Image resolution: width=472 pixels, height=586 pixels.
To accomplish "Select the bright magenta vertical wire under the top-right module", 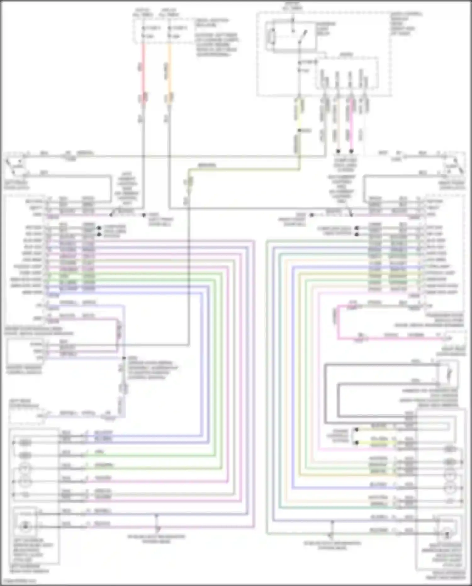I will point(351,126).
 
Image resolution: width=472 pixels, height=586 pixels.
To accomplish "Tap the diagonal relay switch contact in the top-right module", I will point(303,36).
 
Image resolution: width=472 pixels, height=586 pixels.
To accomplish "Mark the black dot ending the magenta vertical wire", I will point(351,151).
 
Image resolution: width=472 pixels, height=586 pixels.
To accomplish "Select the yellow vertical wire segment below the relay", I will point(299,110).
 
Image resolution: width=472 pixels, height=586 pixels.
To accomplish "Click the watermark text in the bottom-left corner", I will point(19,581).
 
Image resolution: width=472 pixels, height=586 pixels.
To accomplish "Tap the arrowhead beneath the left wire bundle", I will point(158,529).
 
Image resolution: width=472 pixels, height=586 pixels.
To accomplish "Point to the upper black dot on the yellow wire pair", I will point(357,430).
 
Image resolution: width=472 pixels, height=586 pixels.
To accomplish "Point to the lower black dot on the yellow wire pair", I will point(357,442).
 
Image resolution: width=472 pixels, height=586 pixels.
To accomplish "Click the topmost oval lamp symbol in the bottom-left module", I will point(25,443).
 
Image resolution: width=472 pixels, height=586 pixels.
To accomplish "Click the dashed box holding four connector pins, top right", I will point(346,72).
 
